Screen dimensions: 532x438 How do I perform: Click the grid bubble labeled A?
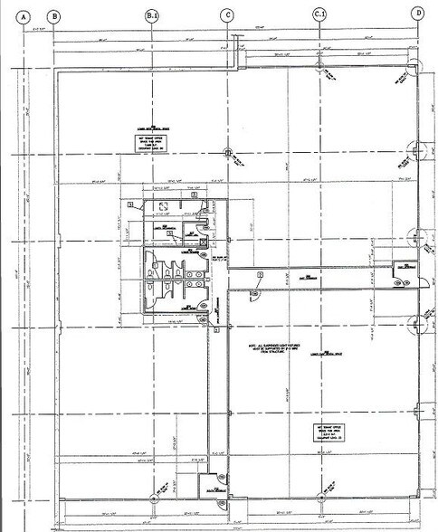[29, 14]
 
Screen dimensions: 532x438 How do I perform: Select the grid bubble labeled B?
[54, 14]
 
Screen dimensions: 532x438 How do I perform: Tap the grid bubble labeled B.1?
[152, 14]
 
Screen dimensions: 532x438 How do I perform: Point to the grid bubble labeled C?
[227, 14]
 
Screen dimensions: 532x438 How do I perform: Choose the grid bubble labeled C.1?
[319, 14]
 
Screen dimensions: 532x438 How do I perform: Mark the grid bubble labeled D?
[417, 14]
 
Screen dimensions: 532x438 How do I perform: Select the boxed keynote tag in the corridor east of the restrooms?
[260, 274]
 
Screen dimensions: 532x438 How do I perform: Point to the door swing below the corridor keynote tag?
[255, 291]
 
